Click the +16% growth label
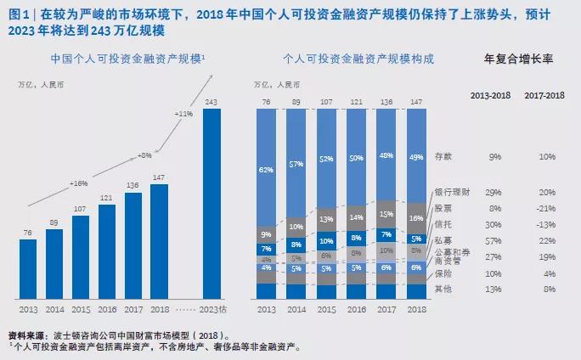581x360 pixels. (79, 183)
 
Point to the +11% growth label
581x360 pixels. (183, 113)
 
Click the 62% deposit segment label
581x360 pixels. (268, 170)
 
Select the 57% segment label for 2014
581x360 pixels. (296, 163)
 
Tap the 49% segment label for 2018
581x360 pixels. (415, 156)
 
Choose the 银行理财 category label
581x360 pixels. (451, 193)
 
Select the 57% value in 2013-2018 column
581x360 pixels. (495, 240)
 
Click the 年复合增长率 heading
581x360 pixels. (518, 59)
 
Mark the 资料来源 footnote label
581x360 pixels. (25, 335)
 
